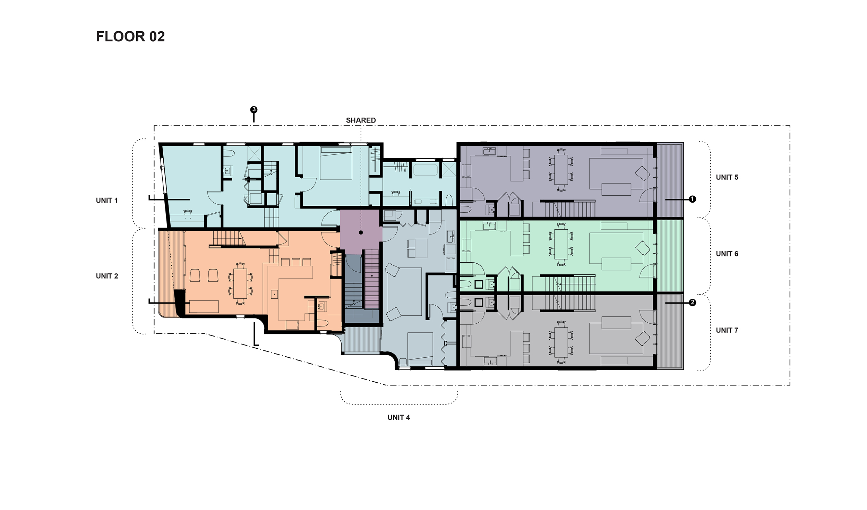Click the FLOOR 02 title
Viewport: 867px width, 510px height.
[x=130, y=36]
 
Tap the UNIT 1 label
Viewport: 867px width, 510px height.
[x=107, y=200]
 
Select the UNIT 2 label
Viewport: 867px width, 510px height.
[x=107, y=276]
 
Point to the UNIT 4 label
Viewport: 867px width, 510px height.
[x=399, y=417]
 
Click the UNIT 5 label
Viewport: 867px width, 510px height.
[x=727, y=177]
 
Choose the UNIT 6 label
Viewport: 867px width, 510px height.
[x=727, y=254]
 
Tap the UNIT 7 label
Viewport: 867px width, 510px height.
[x=727, y=330]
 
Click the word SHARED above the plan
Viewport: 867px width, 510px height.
[x=361, y=120]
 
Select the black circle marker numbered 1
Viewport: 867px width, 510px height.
[x=692, y=199]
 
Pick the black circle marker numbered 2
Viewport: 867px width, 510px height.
[x=692, y=303]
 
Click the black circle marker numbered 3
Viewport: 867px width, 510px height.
[x=254, y=110]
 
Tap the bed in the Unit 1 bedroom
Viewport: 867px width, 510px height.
[x=336, y=163]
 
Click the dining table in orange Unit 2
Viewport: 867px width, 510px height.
[x=240, y=283]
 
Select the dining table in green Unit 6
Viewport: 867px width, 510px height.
[x=561, y=244]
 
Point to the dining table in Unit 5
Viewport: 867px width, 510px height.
[x=561, y=170]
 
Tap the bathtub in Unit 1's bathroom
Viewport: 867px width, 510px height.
[x=425, y=170]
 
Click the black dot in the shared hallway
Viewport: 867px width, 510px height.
[x=361, y=232]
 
